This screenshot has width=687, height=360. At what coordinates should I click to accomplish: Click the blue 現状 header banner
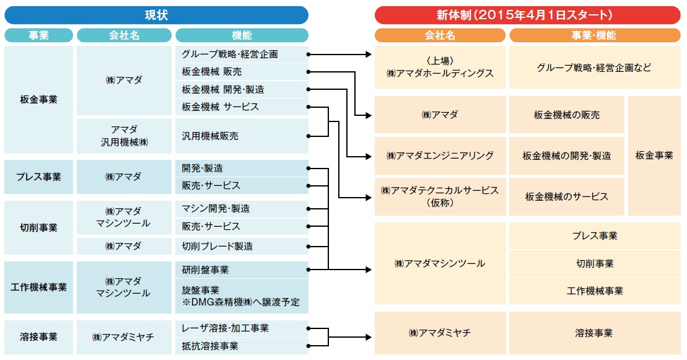[156, 15]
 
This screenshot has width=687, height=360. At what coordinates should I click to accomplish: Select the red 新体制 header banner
[528, 15]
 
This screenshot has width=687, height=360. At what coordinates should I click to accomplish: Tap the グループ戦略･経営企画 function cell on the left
[242, 55]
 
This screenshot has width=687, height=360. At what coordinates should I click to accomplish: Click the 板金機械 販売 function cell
[242, 71]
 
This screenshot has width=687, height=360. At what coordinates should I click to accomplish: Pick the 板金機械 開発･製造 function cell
[242, 89]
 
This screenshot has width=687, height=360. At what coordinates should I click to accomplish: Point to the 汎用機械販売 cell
[242, 136]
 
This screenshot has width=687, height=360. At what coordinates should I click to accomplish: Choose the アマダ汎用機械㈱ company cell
[124, 136]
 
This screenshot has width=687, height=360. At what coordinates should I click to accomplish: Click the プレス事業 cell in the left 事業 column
[38, 177]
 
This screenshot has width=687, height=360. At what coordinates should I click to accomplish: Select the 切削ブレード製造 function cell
[242, 246]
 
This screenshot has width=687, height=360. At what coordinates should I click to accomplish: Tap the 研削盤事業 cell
[242, 270]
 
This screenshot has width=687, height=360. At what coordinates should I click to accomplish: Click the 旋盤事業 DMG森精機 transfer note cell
[242, 296]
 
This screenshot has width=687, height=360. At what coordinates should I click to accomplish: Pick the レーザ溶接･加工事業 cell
[242, 328]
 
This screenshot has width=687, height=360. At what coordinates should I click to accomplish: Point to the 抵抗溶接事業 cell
[242, 346]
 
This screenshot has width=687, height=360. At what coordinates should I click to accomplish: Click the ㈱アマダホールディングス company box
[440, 67]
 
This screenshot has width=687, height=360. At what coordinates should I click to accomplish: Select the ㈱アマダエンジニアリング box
[440, 156]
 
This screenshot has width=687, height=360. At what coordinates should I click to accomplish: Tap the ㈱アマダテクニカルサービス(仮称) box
[440, 196]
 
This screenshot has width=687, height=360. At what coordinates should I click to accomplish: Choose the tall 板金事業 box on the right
[654, 156]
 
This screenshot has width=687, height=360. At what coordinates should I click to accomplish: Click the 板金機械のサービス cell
[567, 196]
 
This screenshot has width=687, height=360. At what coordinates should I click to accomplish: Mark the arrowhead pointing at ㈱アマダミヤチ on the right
[369, 337]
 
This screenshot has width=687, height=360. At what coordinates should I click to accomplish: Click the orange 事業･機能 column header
[595, 35]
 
